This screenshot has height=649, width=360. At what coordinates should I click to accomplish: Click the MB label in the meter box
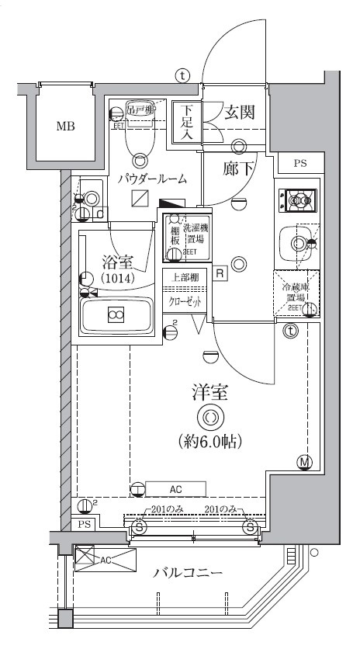(x=65, y=125)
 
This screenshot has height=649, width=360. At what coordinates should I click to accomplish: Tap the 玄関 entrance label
(x=241, y=113)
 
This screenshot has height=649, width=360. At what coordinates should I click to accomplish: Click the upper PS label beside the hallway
(x=299, y=163)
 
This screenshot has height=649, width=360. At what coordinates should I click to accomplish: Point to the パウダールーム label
(x=152, y=179)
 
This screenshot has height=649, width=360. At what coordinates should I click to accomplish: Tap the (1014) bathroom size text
(x=116, y=277)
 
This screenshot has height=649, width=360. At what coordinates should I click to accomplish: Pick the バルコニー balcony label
(x=187, y=574)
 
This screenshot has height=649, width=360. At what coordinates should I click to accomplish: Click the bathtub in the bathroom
(x=116, y=314)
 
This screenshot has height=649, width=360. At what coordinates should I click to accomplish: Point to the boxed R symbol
(x=220, y=273)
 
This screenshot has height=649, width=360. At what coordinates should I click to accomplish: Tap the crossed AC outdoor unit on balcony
(x=104, y=559)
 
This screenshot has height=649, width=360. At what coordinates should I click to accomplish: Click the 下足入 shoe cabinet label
(x=187, y=122)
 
